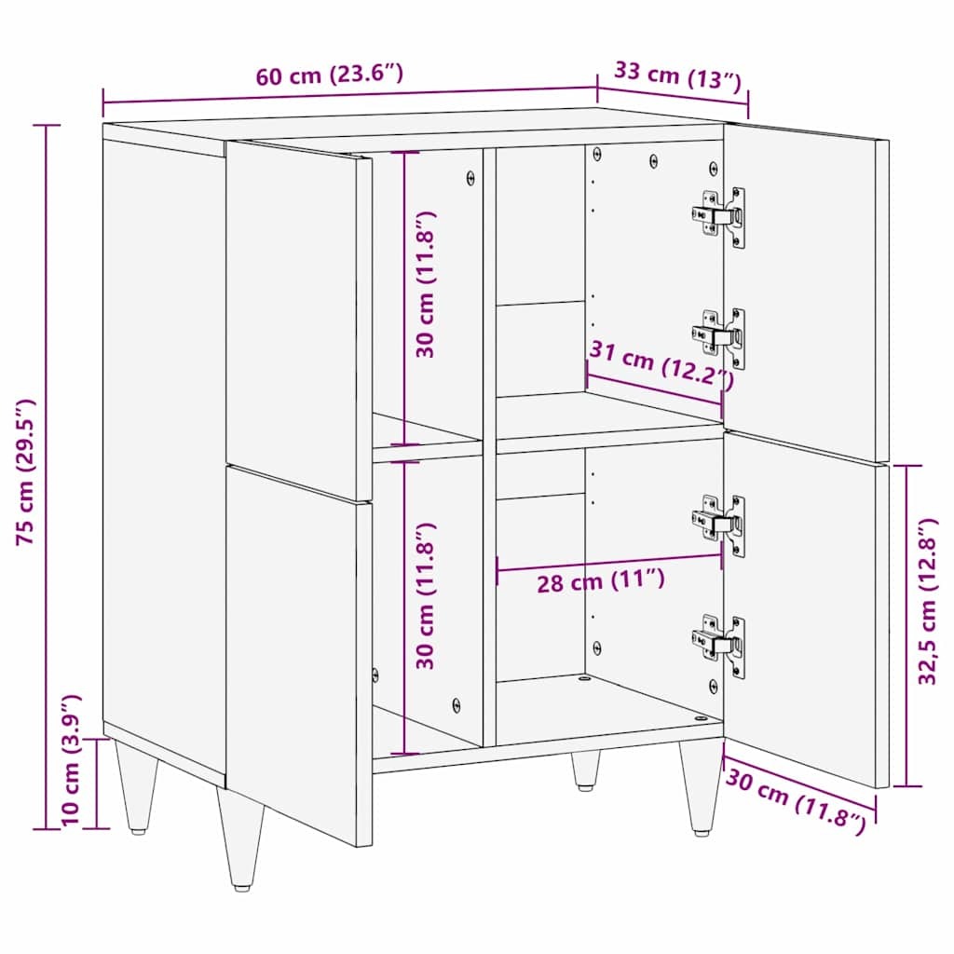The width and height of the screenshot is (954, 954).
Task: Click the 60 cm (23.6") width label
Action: click(x=330, y=75)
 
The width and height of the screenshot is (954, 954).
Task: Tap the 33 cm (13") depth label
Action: click(x=677, y=75)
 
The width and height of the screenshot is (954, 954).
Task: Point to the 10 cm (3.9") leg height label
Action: click(x=71, y=761)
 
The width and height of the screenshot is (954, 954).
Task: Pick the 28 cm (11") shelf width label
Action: click(x=600, y=582)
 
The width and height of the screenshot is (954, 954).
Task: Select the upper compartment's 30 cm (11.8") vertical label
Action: click(x=427, y=285)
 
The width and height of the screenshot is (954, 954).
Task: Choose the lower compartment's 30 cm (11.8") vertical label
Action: click(x=427, y=596)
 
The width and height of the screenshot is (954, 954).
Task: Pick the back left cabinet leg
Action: click(x=135, y=783)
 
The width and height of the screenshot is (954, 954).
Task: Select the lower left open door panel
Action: click(x=298, y=652)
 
